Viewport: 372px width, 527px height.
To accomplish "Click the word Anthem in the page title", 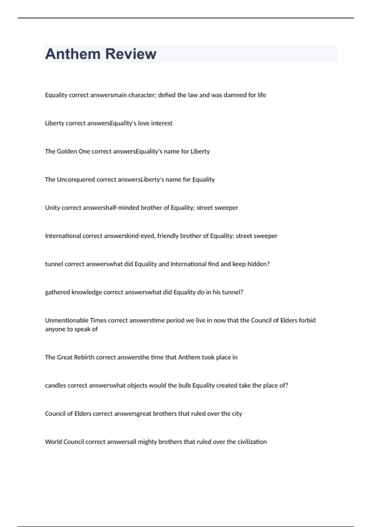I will [72, 54].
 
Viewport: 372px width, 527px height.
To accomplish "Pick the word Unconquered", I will [76, 180].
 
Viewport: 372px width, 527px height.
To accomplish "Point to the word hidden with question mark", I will [259, 264].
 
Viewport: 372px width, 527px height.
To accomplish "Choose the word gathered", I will [57, 292].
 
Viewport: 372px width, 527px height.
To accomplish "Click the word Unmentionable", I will [67, 321].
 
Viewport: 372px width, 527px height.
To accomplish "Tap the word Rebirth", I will [84, 357].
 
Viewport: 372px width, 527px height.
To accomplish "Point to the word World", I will [53, 442].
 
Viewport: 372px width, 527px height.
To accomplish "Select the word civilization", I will [252, 442].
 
